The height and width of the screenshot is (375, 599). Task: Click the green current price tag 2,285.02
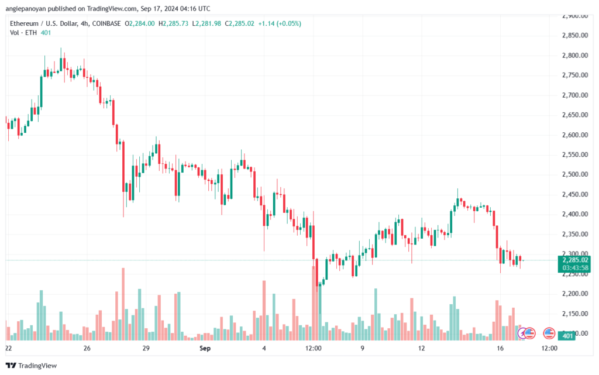click(574, 260)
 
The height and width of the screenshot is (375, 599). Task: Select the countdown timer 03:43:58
click(574, 267)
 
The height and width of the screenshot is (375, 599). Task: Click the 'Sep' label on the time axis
click(205, 348)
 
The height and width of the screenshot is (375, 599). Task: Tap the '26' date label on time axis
click(87, 348)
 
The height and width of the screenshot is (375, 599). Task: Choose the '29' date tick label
click(146, 348)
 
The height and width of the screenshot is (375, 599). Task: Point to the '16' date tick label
click(500, 348)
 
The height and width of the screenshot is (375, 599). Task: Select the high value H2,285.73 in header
click(175, 23)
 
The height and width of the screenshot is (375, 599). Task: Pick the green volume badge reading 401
click(567, 335)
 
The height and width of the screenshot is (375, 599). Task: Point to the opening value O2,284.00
click(142, 23)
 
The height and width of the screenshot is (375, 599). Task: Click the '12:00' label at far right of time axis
click(549, 348)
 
